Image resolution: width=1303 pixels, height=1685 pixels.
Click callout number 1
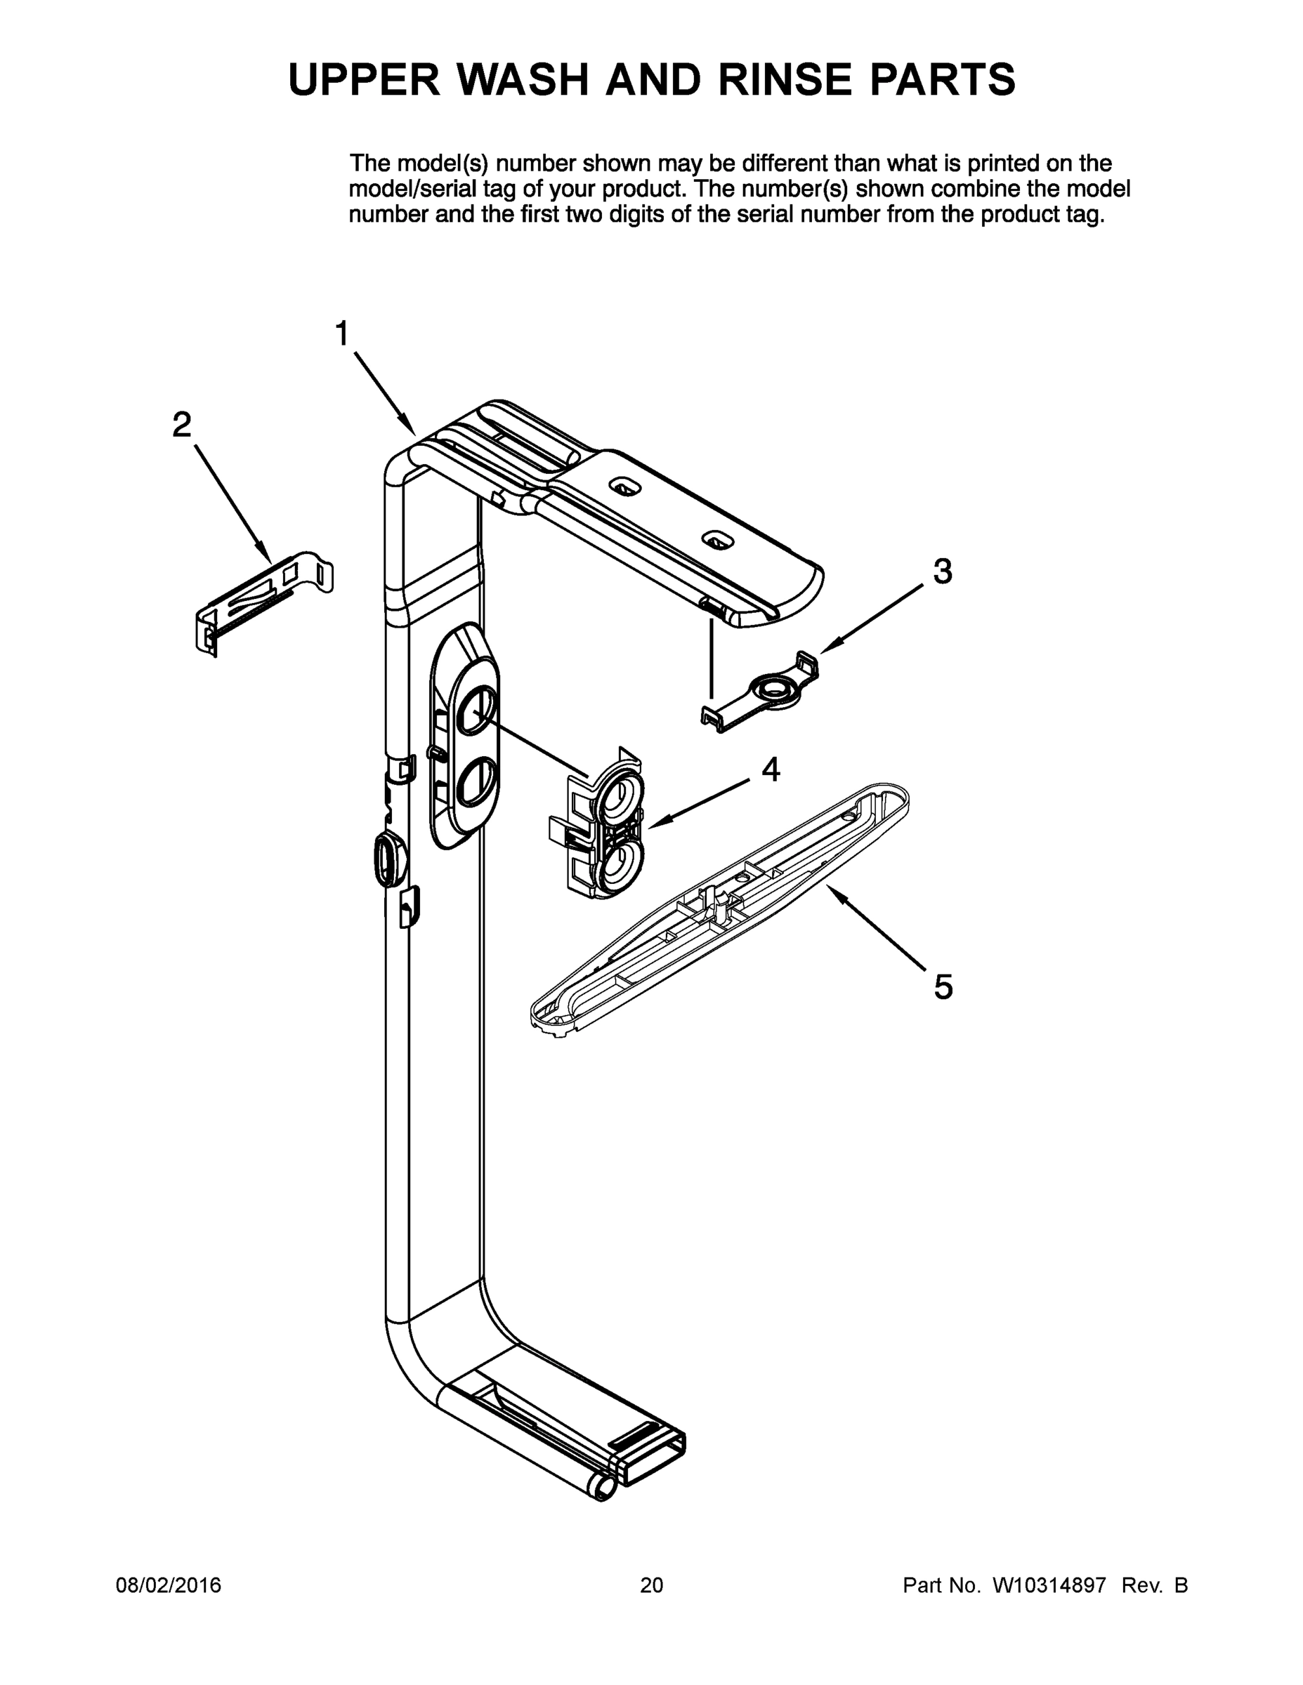(x=342, y=335)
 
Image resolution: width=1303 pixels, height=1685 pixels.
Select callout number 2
(x=181, y=425)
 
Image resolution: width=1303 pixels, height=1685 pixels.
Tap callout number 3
(x=943, y=571)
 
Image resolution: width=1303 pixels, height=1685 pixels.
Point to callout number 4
(x=771, y=769)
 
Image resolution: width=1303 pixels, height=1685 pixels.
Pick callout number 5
(x=943, y=986)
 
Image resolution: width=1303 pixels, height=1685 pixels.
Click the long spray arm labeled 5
(x=718, y=906)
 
